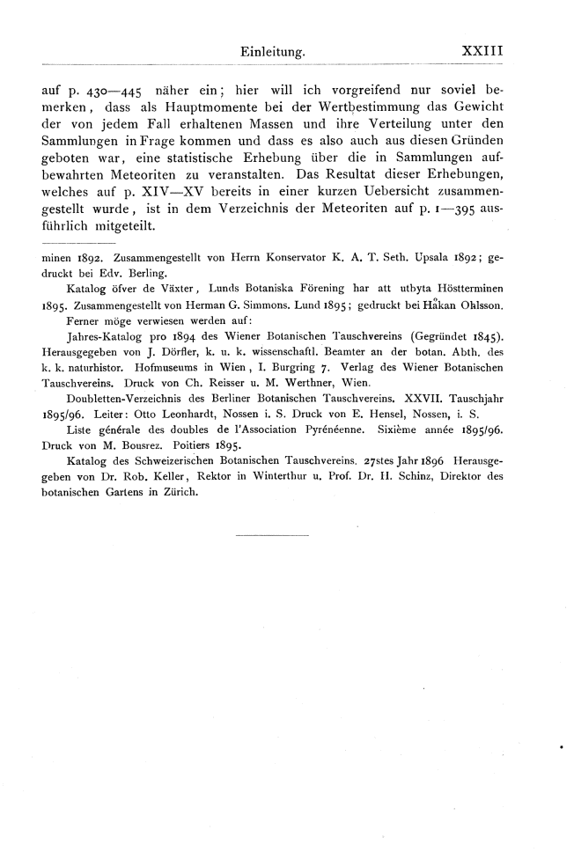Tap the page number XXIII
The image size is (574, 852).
(x=482, y=52)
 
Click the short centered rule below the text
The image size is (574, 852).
(x=274, y=533)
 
